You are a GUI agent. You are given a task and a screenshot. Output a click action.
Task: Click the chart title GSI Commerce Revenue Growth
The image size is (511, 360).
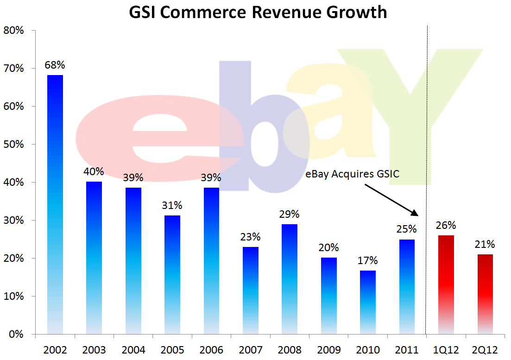pos(258,12)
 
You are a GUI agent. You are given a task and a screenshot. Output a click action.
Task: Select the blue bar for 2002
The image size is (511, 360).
pos(55,204)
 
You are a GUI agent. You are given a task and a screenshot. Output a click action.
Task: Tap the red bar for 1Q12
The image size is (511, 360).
pos(446,284)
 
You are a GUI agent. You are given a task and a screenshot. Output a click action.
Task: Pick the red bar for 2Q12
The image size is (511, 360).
pos(484,294)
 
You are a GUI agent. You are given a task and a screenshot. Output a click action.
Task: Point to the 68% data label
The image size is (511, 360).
pos(55,65)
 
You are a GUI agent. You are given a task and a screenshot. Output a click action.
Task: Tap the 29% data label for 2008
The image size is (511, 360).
pos(290,215)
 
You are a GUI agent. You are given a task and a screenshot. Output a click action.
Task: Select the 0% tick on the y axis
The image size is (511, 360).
pos(16,334)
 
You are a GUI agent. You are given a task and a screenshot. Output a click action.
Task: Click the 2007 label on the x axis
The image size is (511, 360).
pos(251,349)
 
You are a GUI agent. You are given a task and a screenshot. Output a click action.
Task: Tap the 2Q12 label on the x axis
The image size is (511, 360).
pos(484,349)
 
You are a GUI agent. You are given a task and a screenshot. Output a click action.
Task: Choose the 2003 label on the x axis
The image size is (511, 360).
pos(94,349)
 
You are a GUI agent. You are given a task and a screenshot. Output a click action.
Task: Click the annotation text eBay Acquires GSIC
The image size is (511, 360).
pos(352,174)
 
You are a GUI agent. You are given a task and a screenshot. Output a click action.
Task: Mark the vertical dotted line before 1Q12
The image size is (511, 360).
pos(426,185)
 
